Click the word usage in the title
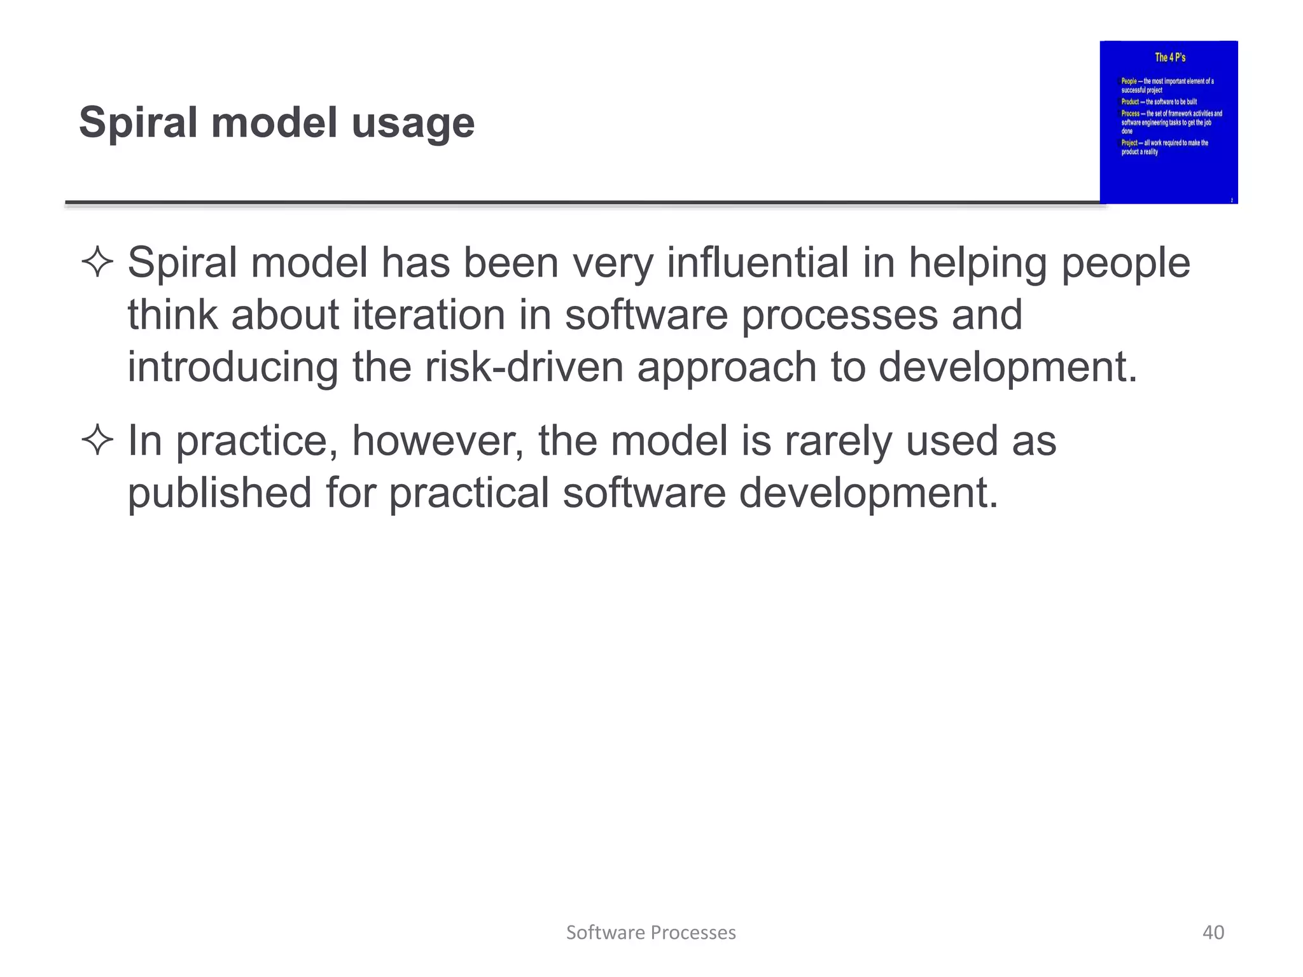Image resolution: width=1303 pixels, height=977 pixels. pyautogui.click(x=413, y=123)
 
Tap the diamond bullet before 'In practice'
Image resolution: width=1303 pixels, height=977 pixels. pyautogui.click(x=97, y=441)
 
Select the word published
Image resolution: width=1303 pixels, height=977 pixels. pyautogui.click(x=219, y=493)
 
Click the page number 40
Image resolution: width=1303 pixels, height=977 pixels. pyautogui.click(x=1213, y=932)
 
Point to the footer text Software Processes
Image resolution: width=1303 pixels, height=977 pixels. pyautogui.click(x=651, y=932)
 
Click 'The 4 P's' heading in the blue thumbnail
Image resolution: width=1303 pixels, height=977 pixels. pyautogui.click(x=1170, y=57)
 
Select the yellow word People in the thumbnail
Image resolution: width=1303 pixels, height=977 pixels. pyautogui.click(x=1129, y=81)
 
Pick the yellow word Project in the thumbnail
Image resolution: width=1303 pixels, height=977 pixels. pyautogui.click(x=1129, y=143)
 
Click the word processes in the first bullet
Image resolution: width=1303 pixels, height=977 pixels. pyautogui.click(x=840, y=316)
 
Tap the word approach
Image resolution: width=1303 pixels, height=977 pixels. pyautogui.click(x=727, y=368)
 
